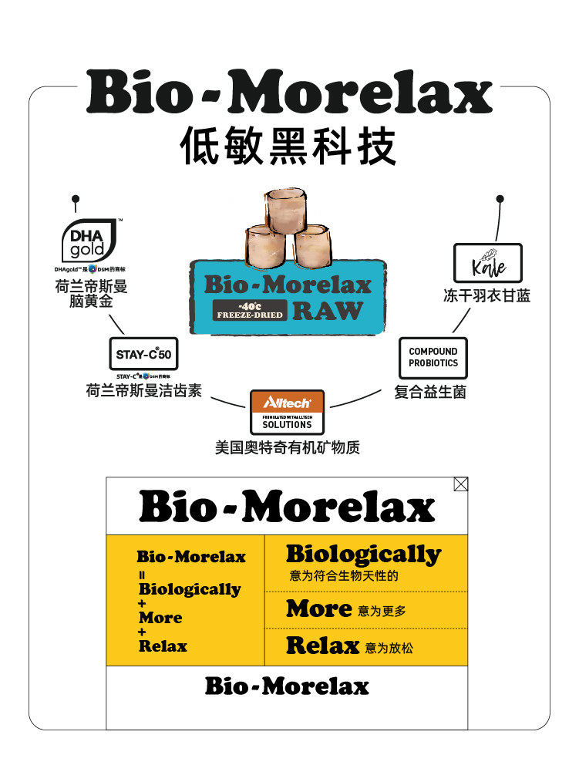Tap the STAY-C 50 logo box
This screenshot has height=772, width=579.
point(143,355)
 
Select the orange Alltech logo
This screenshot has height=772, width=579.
point(287,403)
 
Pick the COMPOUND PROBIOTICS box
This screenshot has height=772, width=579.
point(433,357)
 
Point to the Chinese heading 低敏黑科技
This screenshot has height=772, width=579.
point(288,147)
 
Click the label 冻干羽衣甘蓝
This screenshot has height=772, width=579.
point(486,295)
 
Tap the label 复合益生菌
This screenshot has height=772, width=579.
point(430,392)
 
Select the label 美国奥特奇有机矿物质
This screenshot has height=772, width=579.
point(287,447)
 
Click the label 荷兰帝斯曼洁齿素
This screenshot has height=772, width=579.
point(143,390)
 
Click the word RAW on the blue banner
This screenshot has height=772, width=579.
point(328,310)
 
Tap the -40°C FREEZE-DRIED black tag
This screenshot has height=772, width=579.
point(251,310)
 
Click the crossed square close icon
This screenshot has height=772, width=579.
point(460,484)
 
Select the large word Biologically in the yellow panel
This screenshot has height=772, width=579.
point(363,554)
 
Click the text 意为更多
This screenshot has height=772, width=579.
point(382,612)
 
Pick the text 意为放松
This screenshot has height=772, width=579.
point(389,649)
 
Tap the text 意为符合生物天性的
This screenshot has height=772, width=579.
point(344,576)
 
